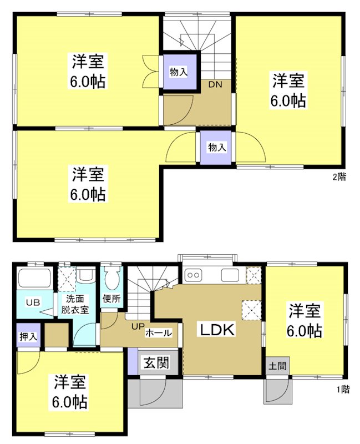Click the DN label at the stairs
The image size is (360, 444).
215,85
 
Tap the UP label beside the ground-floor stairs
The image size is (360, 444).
138,326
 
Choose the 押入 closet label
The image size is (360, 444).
26,336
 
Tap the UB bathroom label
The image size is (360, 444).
33,302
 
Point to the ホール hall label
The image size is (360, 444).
158,333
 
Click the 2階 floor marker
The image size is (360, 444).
339,178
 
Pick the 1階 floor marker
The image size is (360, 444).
342,389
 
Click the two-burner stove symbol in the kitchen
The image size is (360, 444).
195,275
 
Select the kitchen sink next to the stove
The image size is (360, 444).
230,275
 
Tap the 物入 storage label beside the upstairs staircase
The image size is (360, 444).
178,72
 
